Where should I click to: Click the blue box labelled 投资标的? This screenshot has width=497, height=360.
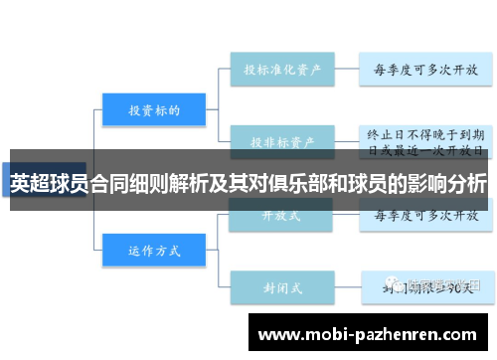tap(154, 109)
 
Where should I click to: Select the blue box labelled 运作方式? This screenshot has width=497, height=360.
tap(154, 250)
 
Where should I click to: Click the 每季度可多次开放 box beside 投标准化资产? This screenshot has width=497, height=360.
tap(424, 70)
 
